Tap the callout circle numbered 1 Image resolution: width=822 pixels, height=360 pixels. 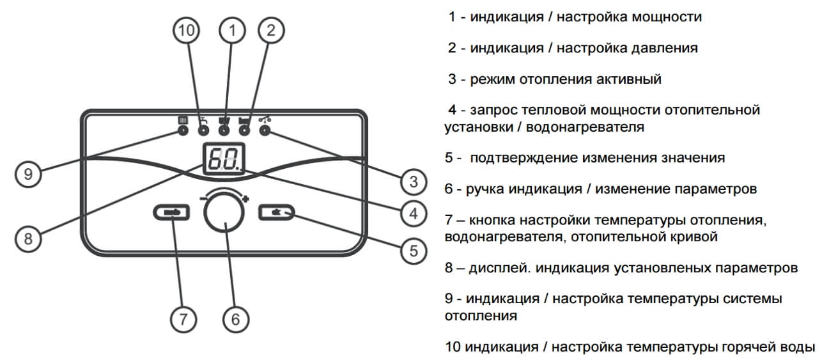(x=233, y=30)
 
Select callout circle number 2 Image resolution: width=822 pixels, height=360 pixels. (x=271, y=30)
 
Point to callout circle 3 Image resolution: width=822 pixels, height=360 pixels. (x=413, y=181)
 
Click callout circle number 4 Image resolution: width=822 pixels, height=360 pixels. (x=413, y=213)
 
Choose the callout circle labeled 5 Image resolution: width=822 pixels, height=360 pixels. (x=413, y=250)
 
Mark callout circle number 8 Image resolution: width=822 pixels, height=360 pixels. (x=27, y=239)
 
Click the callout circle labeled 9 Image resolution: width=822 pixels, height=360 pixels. (x=27, y=173)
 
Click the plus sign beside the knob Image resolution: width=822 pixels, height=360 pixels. (x=245, y=199)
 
